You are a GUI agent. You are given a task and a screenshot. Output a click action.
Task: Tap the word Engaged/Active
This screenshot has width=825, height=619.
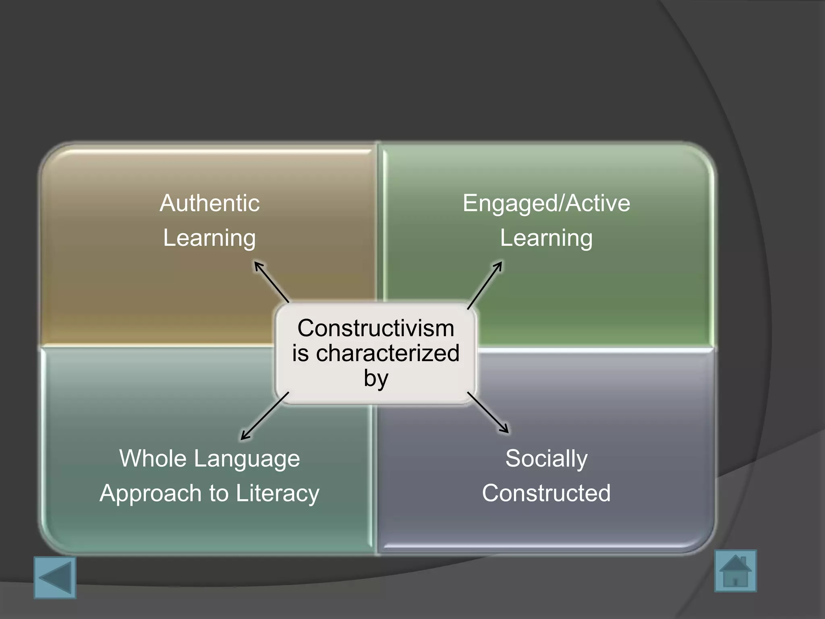(546, 204)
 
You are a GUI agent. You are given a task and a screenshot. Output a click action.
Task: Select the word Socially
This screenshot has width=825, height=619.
(546, 459)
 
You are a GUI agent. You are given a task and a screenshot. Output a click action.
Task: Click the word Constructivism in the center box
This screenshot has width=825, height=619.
(375, 328)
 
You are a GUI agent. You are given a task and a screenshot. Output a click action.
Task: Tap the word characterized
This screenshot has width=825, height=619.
(388, 353)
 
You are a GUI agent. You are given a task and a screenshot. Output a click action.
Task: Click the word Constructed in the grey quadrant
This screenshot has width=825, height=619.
(546, 493)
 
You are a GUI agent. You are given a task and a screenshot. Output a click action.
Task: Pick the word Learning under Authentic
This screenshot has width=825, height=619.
(209, 238)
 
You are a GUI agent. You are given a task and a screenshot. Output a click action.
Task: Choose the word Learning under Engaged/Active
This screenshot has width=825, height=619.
(546, 238)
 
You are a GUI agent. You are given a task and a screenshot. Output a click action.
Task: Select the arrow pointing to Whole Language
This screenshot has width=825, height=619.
(265, 416)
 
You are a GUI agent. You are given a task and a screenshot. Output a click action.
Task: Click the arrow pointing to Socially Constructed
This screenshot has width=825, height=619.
(488, 412)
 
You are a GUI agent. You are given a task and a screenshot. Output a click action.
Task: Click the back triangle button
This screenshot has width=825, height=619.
(55, 577)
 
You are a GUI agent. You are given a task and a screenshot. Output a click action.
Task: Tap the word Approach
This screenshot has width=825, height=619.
(151, 494)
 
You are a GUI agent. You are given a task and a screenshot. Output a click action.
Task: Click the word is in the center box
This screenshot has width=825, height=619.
(301, 353)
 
